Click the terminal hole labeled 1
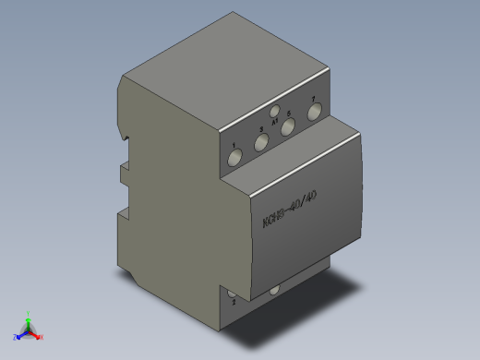point(235,159)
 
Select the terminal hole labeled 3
point(261,142)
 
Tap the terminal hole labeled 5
point(288,127)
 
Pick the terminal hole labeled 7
point(314,112)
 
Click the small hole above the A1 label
point(275,111)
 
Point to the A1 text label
point(275,120)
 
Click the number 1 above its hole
point(234,146)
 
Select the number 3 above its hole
point(261,129)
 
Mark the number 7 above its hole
point(314,99)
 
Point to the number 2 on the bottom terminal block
point(234,302)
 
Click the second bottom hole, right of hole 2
point(274,293)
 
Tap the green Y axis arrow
point(29,316)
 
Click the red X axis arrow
point(39,336)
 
